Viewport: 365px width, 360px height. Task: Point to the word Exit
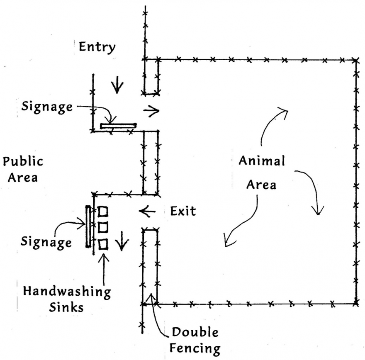tap(183, 212)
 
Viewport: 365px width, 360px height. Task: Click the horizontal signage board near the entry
tap(118, 125)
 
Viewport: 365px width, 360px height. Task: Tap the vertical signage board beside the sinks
tap(88, 226)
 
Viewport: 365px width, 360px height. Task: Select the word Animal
tap(262, 161)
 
